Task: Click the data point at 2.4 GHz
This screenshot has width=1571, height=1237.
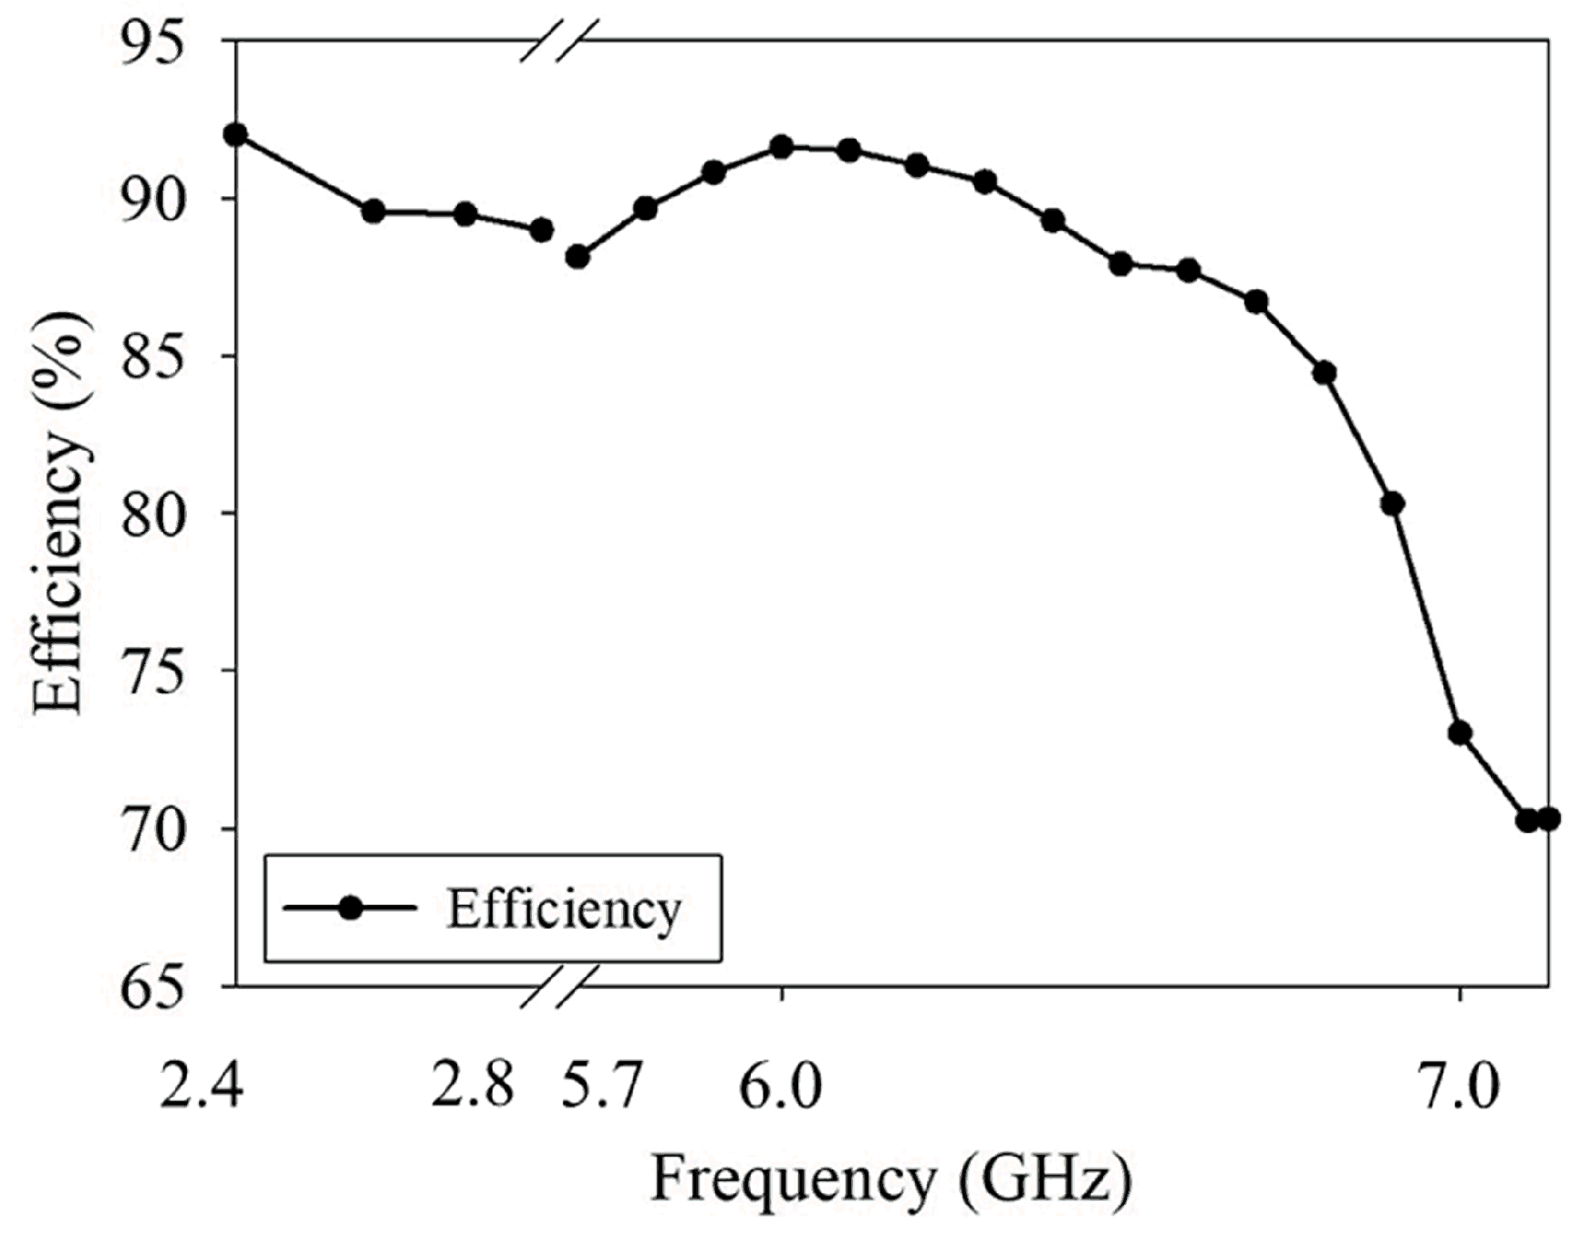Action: (x=236, y=135)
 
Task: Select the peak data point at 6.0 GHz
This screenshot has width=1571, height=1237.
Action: (x=782, y=147)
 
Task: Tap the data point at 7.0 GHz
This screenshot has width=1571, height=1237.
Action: (x=1460, y=733)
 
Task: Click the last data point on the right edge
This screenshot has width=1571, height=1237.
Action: (x=1548, y=819)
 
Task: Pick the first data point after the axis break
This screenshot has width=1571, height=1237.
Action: (x=577, y=257)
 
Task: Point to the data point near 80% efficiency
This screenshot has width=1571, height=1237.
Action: (x=1392, y=504)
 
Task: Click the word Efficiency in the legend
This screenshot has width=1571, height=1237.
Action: (x=564, y=910)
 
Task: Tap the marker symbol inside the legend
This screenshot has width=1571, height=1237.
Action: (x=350, y=908)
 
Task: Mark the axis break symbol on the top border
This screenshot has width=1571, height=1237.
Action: (x=559, y=41)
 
